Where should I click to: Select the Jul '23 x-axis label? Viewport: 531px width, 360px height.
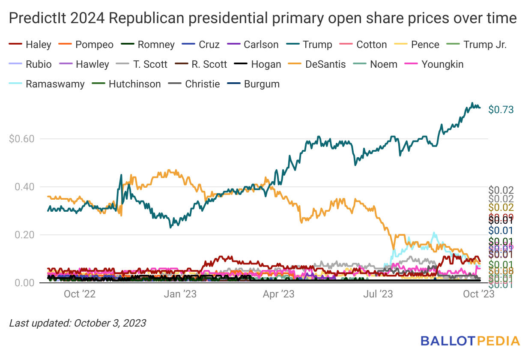pyautogui.click(x=379, y=294)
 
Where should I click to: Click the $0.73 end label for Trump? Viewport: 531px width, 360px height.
pyautogui.click(x=501, y=110)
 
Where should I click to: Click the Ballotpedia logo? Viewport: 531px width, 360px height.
pyautogui.click(x=470, y=341)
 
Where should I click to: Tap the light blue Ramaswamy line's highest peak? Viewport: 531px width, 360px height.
pyautogui.click(x=434, y=233)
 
